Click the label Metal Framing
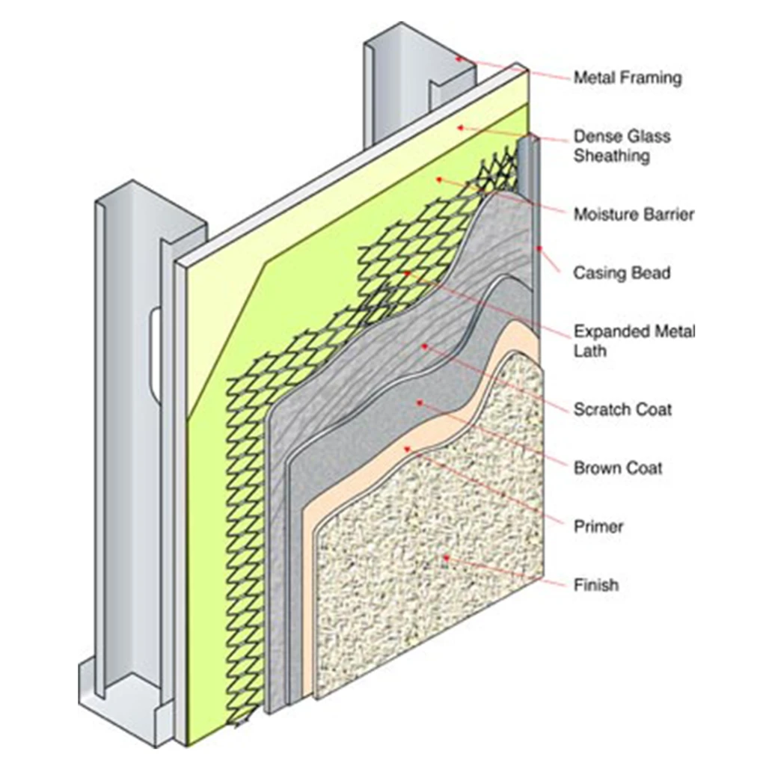(x=628, y=77)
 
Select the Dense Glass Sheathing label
(x=622, y=146)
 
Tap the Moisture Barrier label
(x=634, y=215)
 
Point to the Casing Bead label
(x=622, y=273)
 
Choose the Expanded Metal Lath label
(x=634, y=340)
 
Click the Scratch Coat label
(x=622, y=409)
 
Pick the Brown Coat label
(x=618, y=468)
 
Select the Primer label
(x=598, y=526)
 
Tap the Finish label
(x=596, y=584)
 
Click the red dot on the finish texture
(x=446, y=557)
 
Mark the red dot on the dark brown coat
(x=420, y=402)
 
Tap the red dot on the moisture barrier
(x=439, y=180)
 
